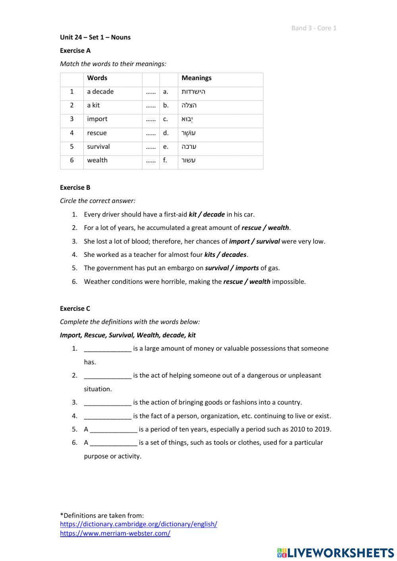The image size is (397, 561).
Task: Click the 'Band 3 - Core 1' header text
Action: [x=314, y=28]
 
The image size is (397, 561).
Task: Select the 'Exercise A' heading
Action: [x=75, y=50]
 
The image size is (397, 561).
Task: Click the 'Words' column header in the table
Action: [x=97, y=78]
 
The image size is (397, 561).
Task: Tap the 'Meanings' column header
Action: [x=197, y=78]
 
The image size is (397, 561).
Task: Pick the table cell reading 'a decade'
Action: [x=100, y=92]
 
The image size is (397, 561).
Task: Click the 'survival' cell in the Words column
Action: [x=98, y=147]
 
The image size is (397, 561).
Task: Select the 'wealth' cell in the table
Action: [x=97, y=160]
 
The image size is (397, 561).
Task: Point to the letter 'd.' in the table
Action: [x=166, y=133]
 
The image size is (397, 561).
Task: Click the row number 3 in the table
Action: [x=72, y=119]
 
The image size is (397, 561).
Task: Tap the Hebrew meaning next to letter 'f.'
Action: [x=189, y=160]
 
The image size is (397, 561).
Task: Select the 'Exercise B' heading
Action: [x=75, y=187]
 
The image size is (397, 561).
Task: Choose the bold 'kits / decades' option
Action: [x=225, y=255]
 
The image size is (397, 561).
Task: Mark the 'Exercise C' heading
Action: [x=75, y=308]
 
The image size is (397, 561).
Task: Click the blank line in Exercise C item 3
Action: [x=108, y=403]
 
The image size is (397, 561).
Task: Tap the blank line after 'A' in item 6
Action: [x=114, y=443]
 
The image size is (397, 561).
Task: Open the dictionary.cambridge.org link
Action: [x=139, y=524]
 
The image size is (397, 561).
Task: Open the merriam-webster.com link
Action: [x=115, y=534]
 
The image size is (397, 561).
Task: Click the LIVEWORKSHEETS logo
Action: [x=335, y=552]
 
